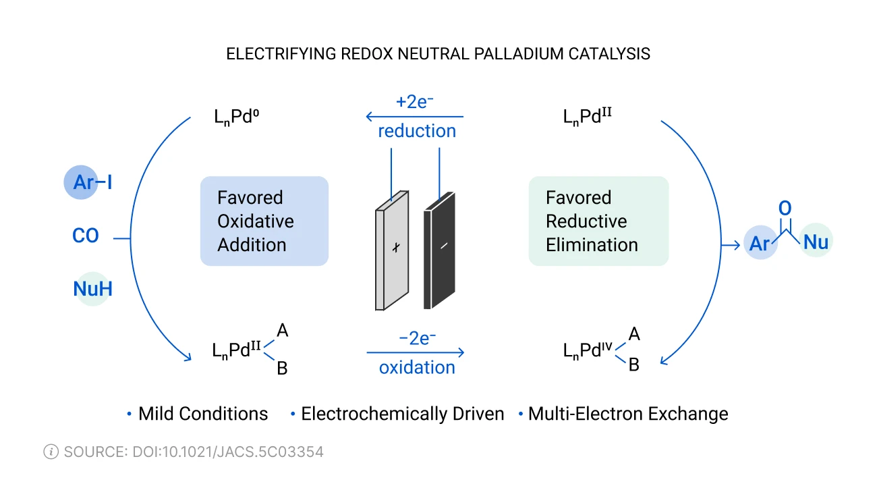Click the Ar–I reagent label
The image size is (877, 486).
88,182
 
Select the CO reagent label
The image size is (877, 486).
86,236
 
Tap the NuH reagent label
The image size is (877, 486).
92,289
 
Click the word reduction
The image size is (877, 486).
417,131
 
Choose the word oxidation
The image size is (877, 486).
417,368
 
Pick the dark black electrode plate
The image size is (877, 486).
439,250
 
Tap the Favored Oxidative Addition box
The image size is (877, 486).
264,221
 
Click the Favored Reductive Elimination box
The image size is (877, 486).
598,221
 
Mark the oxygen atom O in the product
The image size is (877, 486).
785,209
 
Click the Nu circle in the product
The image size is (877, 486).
816,242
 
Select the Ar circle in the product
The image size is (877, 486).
760,244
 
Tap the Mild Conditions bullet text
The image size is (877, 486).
203,414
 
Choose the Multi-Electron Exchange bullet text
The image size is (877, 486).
628,414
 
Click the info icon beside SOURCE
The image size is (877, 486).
51,452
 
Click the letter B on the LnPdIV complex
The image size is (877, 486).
633,365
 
